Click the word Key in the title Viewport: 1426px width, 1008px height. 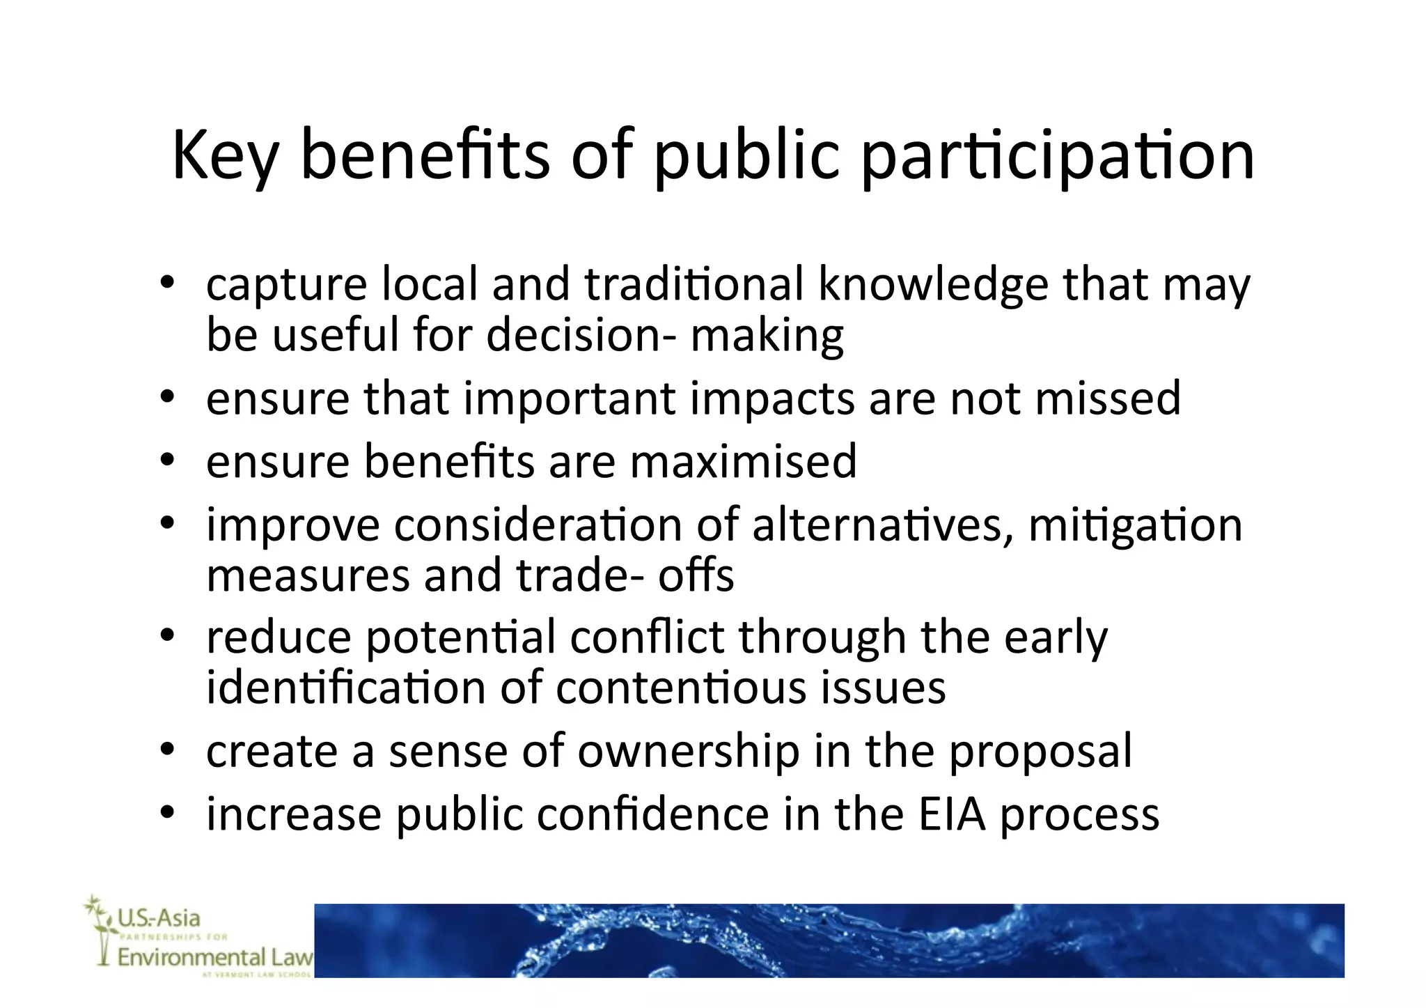(x=224, y=156)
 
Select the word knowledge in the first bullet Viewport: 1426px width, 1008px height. (x=933, y=286)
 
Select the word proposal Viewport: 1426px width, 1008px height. (x=1040, y=752)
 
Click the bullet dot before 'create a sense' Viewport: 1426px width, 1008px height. (x=166, y=751)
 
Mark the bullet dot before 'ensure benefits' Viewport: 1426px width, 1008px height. (x=166, y=460)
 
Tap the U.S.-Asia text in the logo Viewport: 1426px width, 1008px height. (x=158, y=918)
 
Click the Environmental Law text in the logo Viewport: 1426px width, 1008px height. (x=214, y=958)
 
